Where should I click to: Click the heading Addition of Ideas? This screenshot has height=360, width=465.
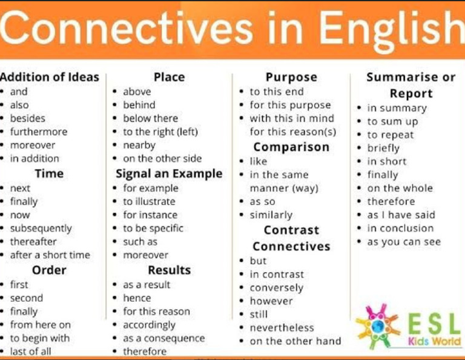[x=50, y=77]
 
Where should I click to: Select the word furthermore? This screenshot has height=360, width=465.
[x=39, y=132]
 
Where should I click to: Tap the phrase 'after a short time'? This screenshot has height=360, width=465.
[x=50, y=255]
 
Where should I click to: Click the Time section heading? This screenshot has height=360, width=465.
[x=49, y=173]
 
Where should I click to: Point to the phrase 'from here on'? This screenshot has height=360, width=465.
[x=40, y=325]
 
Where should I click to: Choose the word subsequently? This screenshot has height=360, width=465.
[x=41, y=228]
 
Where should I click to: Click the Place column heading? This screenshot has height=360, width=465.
[x=169, y=77]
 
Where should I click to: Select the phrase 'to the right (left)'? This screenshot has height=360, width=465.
[x=160, y=132]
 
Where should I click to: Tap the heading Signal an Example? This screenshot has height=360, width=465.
[x=169, y=173]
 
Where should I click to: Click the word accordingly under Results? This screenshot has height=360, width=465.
[x=150, y=325]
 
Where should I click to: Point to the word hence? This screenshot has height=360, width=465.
[x=137, y=298]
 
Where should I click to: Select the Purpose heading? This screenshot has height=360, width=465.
[x=291, y=77]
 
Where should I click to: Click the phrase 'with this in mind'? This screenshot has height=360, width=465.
[x=292, y=118]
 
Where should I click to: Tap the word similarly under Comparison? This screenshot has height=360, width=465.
[x=271, y=215]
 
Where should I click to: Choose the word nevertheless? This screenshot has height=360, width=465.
[x=282, y=328]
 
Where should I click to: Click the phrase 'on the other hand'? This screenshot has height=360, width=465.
[x=295, y=341]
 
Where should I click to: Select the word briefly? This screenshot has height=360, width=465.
[x=383, y=148]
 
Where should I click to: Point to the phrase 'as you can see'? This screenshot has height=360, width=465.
[x=404, y=242]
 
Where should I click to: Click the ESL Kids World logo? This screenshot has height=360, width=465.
[x=408, y=327]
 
